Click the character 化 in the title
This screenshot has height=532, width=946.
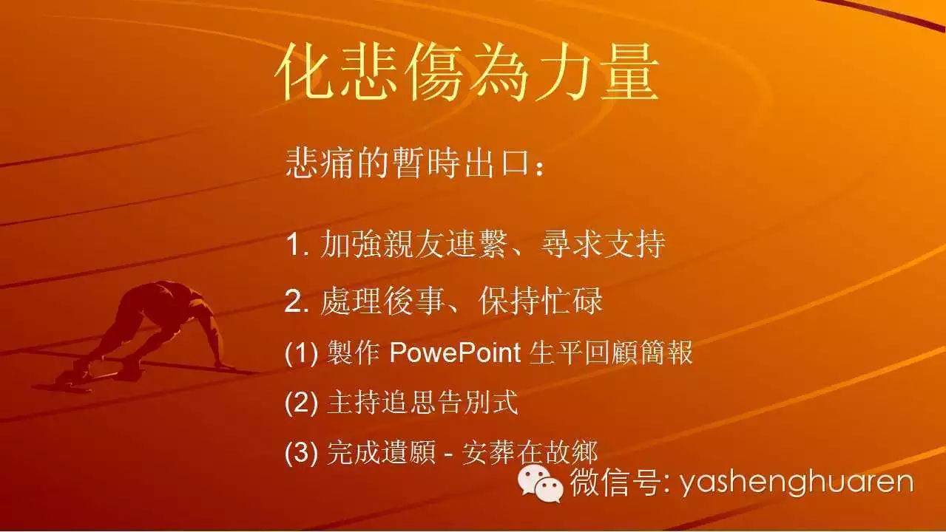tap(305, 72)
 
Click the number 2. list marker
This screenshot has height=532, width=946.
tap(297, 301)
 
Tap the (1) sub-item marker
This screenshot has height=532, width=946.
tap(301, 352)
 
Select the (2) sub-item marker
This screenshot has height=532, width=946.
tap(301, 403)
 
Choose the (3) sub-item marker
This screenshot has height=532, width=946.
tap(301, 452)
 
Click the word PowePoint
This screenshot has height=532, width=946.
tap(455, 352)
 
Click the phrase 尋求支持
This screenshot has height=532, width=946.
tap(603, 244)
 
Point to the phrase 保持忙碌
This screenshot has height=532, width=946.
tap(541, 301)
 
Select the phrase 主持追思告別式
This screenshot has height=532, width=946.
tap(422, 403)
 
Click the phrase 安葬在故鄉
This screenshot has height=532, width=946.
tap(529, 452)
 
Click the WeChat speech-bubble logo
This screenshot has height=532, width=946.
tap(541, 483)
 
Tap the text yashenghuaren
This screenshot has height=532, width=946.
tap(796, 483)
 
